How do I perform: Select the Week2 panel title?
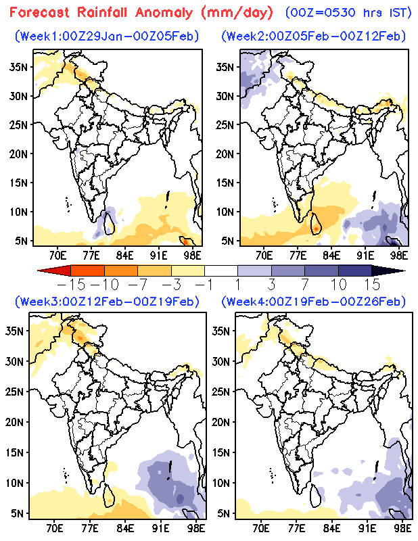tap(314, 35)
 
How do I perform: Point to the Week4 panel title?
tap(314, 301)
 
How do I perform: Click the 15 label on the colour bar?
tap(373, 284)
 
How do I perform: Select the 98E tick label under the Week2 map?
tap(400, 256)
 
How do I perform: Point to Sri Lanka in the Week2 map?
tap(315, 224)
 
